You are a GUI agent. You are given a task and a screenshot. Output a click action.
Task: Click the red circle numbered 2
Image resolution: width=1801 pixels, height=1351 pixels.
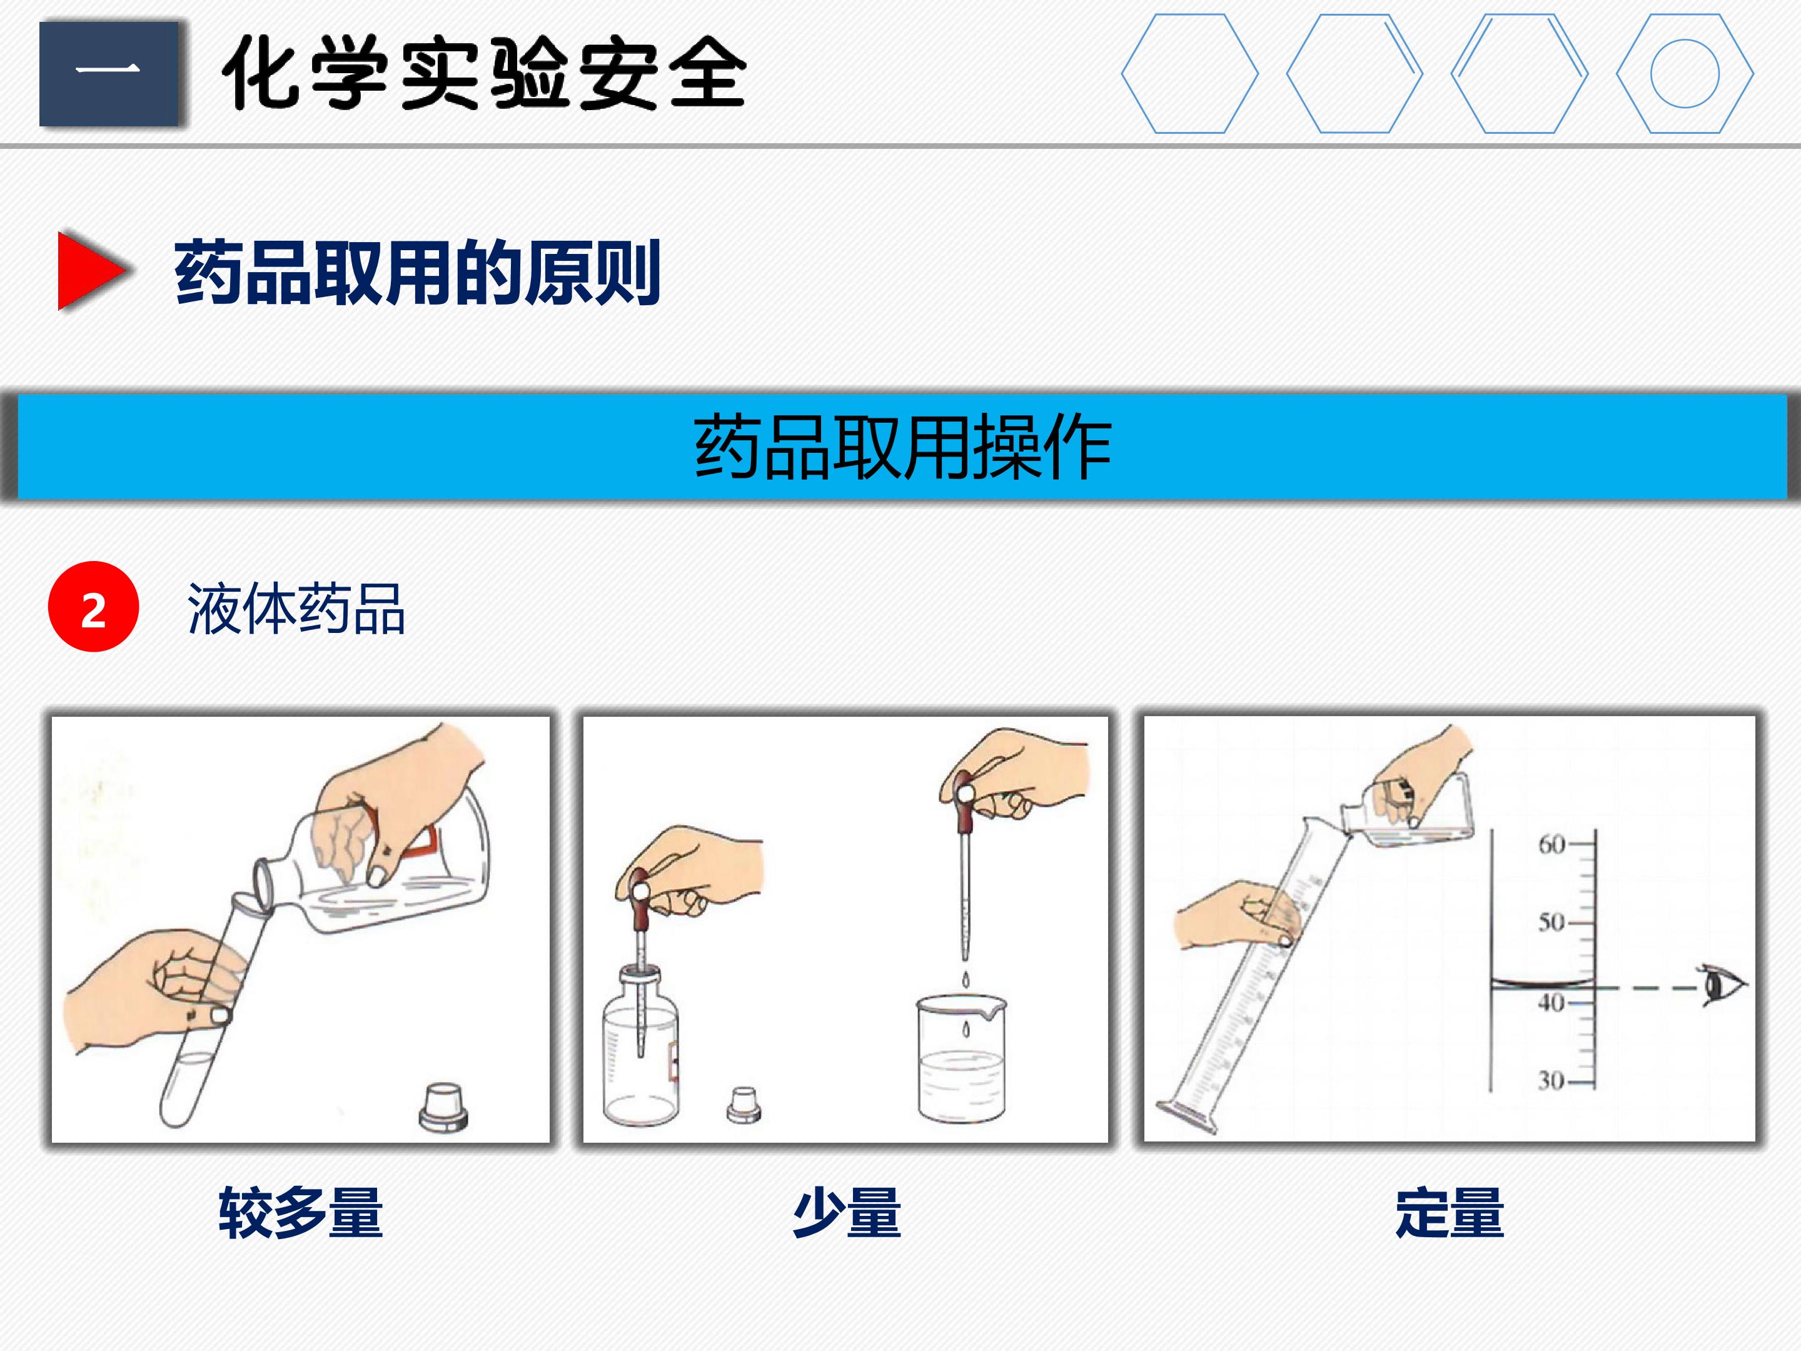[x=94, y=607]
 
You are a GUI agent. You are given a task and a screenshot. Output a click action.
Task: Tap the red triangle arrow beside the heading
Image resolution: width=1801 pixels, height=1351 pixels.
[x=91, y=270]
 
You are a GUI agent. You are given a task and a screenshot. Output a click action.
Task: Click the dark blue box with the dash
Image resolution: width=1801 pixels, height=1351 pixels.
[x=109, y=73]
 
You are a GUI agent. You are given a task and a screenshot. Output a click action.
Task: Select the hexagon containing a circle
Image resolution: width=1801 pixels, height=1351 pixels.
[x=1685, y=73]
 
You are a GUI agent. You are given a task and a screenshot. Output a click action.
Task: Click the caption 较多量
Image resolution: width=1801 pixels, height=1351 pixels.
[x=300, y=1213]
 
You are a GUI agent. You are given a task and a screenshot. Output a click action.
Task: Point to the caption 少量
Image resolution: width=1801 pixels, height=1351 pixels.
[x=847, y=1213]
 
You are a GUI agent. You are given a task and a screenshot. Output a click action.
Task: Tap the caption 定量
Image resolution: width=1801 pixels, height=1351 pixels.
[x=1450, y=1213]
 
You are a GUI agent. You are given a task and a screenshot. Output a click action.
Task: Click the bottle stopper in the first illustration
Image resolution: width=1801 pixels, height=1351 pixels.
[x=444, y=1106]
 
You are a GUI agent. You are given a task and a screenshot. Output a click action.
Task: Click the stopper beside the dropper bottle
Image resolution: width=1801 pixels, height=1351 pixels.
[x=744, y=1105]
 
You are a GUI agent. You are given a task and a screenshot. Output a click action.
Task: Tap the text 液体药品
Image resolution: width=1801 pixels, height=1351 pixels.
[x=296, y=609]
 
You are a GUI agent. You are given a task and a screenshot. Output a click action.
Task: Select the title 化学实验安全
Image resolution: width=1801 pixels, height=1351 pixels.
[x=483, y=73]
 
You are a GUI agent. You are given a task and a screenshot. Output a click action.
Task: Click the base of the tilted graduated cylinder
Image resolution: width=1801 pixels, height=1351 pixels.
[x=1187, y=1116]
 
